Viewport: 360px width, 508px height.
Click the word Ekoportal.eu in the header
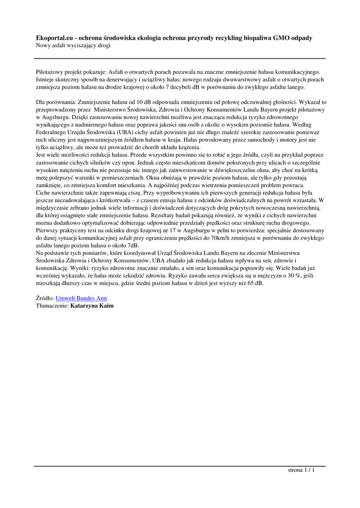55,38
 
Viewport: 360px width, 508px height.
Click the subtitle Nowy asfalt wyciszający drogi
73,46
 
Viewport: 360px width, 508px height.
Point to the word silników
102,163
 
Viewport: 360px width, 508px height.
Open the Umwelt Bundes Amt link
81,298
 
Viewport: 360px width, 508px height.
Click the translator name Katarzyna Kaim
92,306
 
